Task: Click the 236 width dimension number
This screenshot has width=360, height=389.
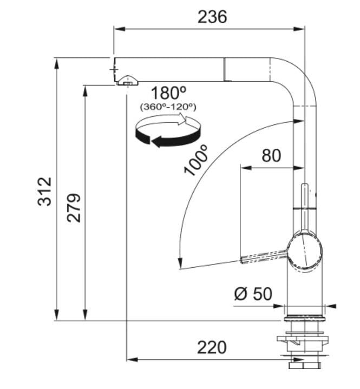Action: pyautogui.click(x=212, y=17)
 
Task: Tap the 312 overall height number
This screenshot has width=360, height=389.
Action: pyautogui.click(x=45, y=192)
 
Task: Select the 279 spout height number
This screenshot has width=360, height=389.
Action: pyautogui.click(x=74, y=208)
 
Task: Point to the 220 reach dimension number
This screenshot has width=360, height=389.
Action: pyautogui.click(x=212, y=347)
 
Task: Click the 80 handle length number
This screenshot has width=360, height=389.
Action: pyautogui.click(x=271, y=156)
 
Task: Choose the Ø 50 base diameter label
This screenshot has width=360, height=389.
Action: pyautogui.click(x=253, y=294)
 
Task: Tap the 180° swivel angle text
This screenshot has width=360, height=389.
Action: pyautogui.click(x=168, y=93)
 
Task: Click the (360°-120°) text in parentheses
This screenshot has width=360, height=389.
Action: pyautogui.click(x=168, y=107)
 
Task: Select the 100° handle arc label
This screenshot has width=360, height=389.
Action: pyautogui.click(x=195, y=161)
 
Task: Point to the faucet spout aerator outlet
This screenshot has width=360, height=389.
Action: pyautogui.click(x=127, y=81)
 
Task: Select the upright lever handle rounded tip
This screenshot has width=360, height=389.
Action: pyautogui.click(x=305, y=186)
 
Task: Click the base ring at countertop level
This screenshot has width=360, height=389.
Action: pyautogui.click(x=305, y=319)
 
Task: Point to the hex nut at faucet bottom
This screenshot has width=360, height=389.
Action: pyautogui.click(x=305, y=365)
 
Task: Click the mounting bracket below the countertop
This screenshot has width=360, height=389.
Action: pyautogui.click(x=303, y=341)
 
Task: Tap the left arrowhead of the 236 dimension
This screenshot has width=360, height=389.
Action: pyautogui.click(x=119, y=29)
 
